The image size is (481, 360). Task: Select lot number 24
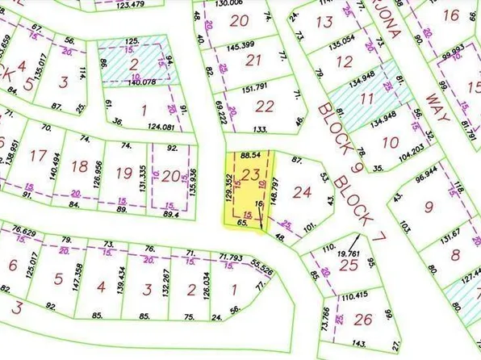tap(303, 192)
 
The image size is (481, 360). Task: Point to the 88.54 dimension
tap(252, 153)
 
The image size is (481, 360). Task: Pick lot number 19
tap(123, 173)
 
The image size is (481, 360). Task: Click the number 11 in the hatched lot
tap(367, 99)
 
